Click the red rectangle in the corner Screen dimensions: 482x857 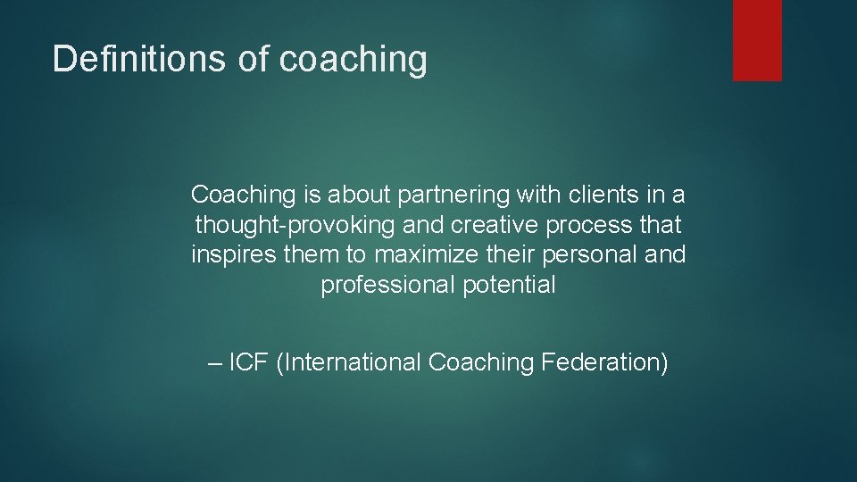pos(757,40)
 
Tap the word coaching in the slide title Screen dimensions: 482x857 pos(354,60)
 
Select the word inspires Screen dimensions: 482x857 pos(233,255)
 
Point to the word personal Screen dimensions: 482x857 pos(597,255)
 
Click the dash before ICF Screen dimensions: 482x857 pos(212,363)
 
